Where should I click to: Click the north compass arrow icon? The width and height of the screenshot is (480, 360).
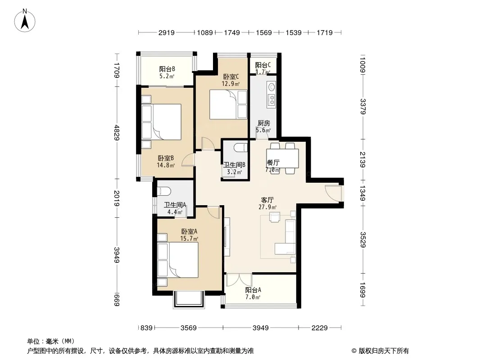click(25, 21)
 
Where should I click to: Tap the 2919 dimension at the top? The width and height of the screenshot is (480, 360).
click(167, 32)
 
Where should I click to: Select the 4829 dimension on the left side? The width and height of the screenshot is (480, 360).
click(116, 132)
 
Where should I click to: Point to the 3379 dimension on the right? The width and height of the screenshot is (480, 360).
click(363, 106)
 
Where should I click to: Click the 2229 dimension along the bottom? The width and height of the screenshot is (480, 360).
click(320, 328)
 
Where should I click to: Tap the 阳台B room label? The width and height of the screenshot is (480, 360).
click(167, 69)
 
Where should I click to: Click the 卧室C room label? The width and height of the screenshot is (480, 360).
click(231, 76)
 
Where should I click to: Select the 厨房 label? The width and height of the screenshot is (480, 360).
click(263, 123)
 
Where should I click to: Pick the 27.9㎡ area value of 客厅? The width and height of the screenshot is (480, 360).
click(267, 207)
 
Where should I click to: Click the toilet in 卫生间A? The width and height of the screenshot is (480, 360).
click(163, 191)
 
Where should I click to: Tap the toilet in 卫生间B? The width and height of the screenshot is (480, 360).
click(240, 148)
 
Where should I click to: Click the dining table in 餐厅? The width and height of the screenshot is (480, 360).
click(282, 158)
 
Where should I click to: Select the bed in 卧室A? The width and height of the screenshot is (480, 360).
click(178, 260)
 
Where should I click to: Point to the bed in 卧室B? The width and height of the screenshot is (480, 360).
click(161, 122)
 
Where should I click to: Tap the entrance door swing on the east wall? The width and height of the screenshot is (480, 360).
click(333, 193)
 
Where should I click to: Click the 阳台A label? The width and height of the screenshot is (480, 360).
click(253, 290)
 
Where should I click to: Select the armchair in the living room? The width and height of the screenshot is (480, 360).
click(275, 217)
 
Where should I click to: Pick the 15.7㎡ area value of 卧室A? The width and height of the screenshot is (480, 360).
click(189, 238)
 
